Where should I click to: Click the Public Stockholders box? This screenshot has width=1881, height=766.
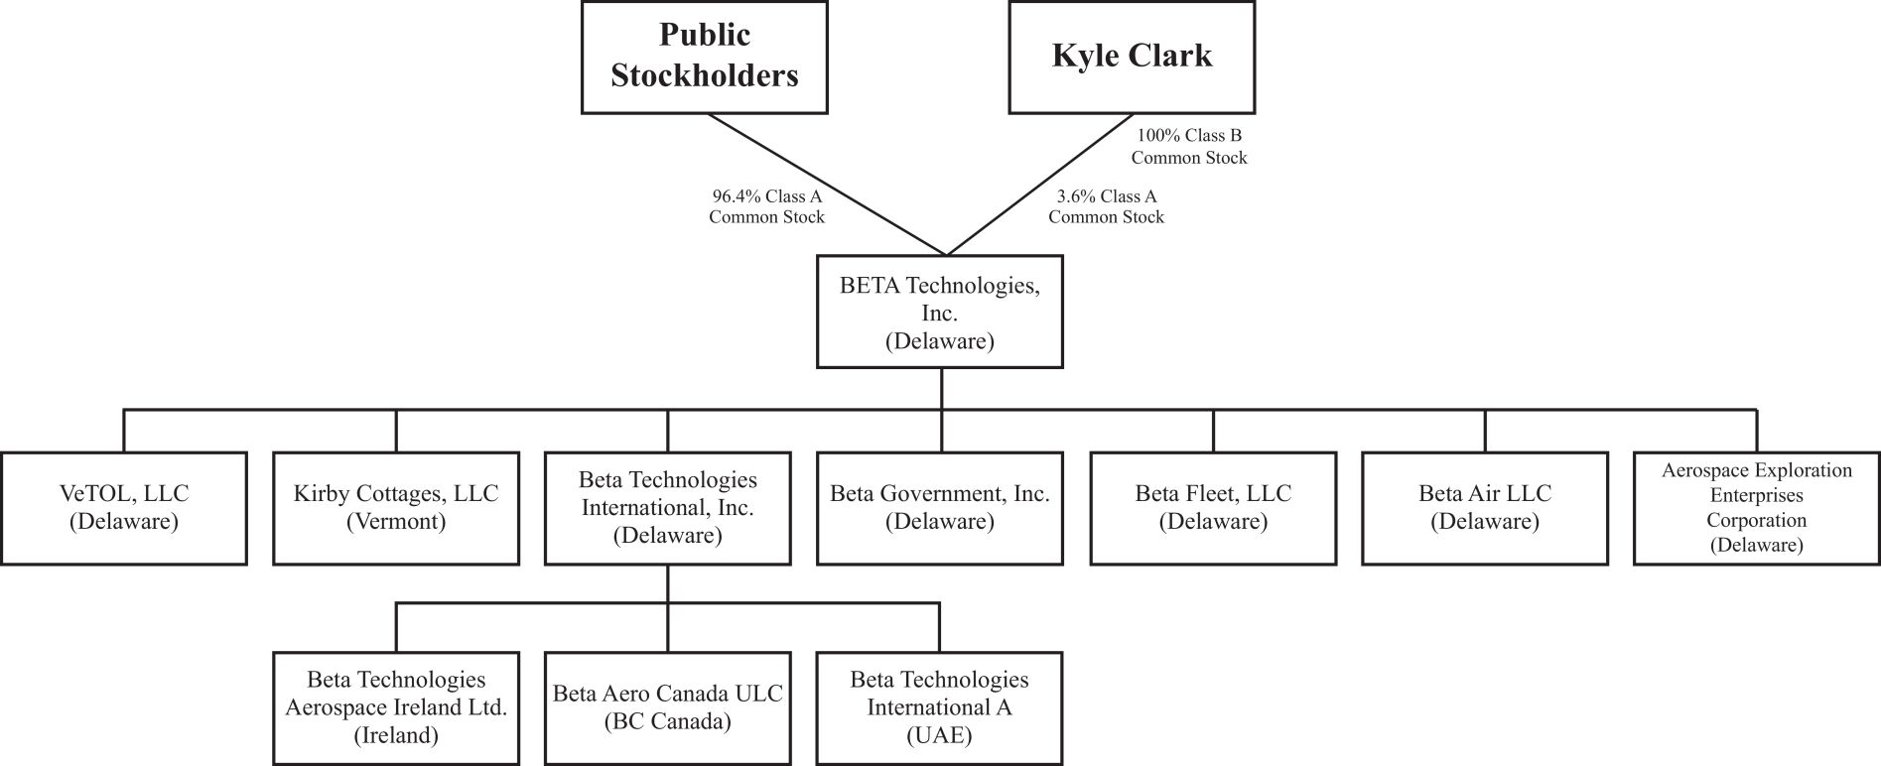704,57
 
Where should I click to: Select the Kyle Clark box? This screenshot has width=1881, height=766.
1132,57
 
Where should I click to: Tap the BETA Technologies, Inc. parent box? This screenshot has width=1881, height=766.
939,313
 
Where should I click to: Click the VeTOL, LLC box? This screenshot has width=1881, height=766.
124,508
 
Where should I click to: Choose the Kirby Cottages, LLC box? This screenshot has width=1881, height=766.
396,508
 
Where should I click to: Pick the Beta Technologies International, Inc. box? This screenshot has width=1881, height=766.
667,508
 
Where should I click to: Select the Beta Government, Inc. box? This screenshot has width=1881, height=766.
939,508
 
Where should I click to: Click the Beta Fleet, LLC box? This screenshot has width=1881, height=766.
1213,508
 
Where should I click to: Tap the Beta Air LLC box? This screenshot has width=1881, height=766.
1485,508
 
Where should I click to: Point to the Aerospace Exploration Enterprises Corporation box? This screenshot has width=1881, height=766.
1756,508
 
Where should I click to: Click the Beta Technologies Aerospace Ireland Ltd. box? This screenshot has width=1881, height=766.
396,707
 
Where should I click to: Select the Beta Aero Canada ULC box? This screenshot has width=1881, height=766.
667,707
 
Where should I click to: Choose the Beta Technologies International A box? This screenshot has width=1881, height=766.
939,707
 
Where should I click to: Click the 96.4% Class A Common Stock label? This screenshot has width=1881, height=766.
766,206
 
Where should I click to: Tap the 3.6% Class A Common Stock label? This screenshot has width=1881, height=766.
1106,206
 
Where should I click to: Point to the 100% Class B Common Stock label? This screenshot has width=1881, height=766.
1189,146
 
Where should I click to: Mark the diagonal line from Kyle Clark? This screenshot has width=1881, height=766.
1042,185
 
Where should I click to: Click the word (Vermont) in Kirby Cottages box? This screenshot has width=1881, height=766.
396,521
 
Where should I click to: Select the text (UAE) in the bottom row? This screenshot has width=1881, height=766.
939,735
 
